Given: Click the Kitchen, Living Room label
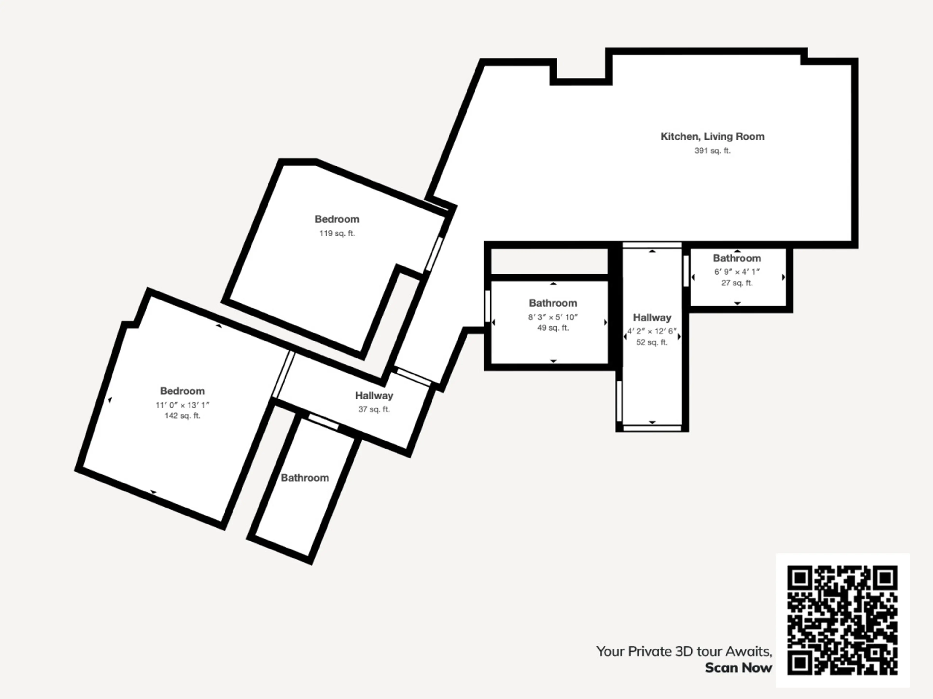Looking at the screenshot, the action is click(x=712, y=136).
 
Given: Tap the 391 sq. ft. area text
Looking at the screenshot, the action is click(x=712, y=150).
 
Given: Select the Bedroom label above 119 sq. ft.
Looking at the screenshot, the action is click(x=337, y=219).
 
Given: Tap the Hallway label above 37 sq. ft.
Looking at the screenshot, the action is click(x=374, y=396).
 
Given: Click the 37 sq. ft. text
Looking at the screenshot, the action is click(x=374, y=409).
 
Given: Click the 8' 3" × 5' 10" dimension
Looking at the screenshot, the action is click(x=553, y=317).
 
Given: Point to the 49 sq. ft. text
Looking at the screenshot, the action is click(x=553, y=328).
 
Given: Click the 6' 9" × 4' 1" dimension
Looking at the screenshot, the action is click(x=737, y=272).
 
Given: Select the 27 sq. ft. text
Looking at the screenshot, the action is click(x=737, y=283).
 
